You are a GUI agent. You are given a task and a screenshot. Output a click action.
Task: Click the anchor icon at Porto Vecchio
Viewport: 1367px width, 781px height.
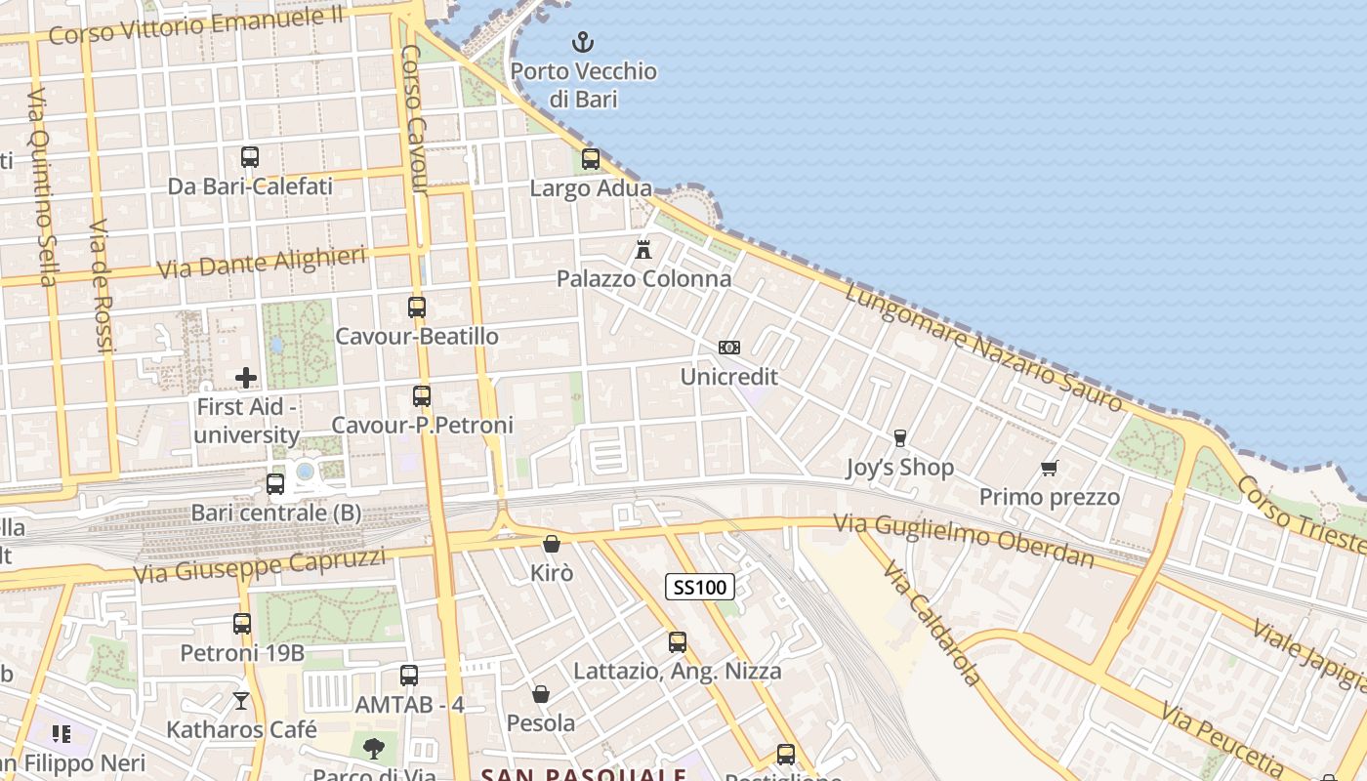pyautogui.click(x=583, y=42)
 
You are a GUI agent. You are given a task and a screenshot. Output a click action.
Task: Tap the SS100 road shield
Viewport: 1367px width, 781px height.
pyautogui.click(x=700, y=587)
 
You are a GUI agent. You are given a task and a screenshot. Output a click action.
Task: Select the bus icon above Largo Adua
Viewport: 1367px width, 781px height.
pyautogui.click(x=591, y=159)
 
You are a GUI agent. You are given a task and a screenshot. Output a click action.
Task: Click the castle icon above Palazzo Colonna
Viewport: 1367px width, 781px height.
pyautogui.click(x=643, y=249)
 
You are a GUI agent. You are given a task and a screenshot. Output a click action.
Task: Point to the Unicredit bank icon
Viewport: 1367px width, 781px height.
pyautogui.click(x=729, y=348)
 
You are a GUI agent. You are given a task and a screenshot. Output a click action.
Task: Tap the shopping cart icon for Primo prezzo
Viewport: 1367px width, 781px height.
pyautogui.click(x=1050, y=469)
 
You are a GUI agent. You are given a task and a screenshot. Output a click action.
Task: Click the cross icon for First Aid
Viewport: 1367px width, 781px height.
pyautogui.click(x=246, y=377)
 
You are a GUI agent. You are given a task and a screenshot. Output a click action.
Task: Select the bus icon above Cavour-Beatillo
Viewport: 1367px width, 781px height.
pyautogui.click(x=417, y=308)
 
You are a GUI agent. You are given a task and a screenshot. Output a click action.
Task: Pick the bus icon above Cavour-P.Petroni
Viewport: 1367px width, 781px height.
pyautogui.click(x=422, y=396)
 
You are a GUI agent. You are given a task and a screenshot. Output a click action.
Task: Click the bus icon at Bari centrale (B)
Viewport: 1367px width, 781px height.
pyautogui.click(x=275, y=484)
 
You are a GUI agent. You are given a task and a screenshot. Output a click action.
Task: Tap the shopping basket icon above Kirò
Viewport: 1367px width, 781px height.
pyautogui.click(x=552, y=545)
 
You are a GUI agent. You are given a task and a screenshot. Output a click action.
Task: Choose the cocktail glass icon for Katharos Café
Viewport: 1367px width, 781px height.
pyautogui.click(x=241, y=701)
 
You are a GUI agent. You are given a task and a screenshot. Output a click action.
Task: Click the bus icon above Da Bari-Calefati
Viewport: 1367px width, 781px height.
pyautogui.click(x=250, y=157)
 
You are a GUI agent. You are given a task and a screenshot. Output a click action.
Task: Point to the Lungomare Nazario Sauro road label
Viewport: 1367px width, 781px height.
pyautogui.click(x=984, y=348)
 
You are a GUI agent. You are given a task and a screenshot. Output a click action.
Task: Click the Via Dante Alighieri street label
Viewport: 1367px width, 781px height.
pyautogui.click(x=262, y=262)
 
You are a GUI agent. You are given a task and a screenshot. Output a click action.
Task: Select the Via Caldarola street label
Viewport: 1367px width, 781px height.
pyautogui.click(x=932, y=624)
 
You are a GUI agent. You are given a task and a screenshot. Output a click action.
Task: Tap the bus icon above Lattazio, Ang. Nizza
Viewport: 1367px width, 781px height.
pyautogui.click(x=678, y=642)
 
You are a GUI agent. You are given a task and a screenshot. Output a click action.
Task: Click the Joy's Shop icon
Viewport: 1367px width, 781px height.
pyautogui.click(x=899, y=438)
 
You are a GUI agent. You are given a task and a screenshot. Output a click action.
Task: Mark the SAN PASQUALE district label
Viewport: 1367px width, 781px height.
pyautogui.click(x=584, y=774)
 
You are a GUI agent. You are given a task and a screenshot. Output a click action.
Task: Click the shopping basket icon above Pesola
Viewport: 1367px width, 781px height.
pyautogui.click(x=541, y=694)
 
